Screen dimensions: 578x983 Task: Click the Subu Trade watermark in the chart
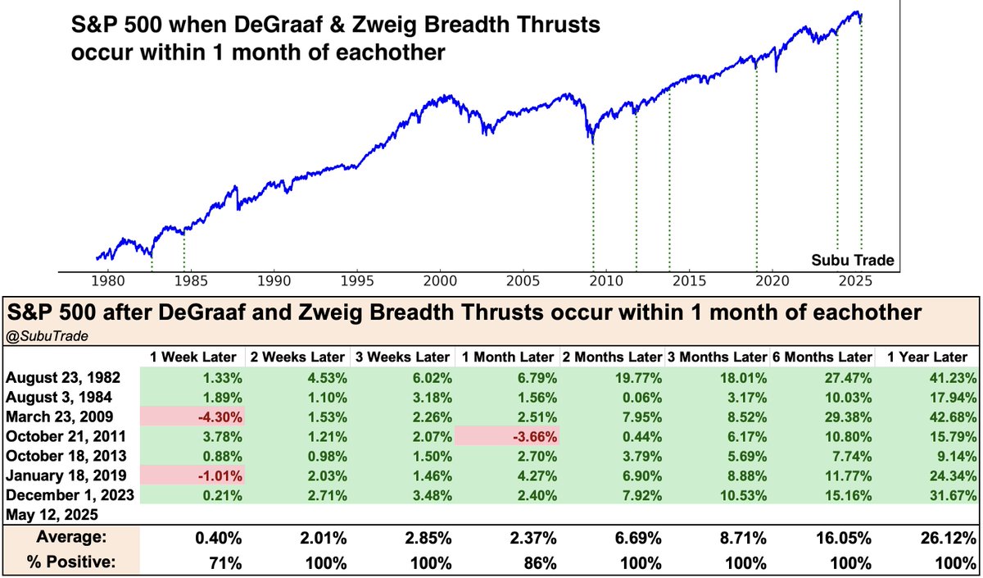point(853,261)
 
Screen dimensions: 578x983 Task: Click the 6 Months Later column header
point(824,357)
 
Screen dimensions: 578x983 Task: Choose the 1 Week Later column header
point(193,357)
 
